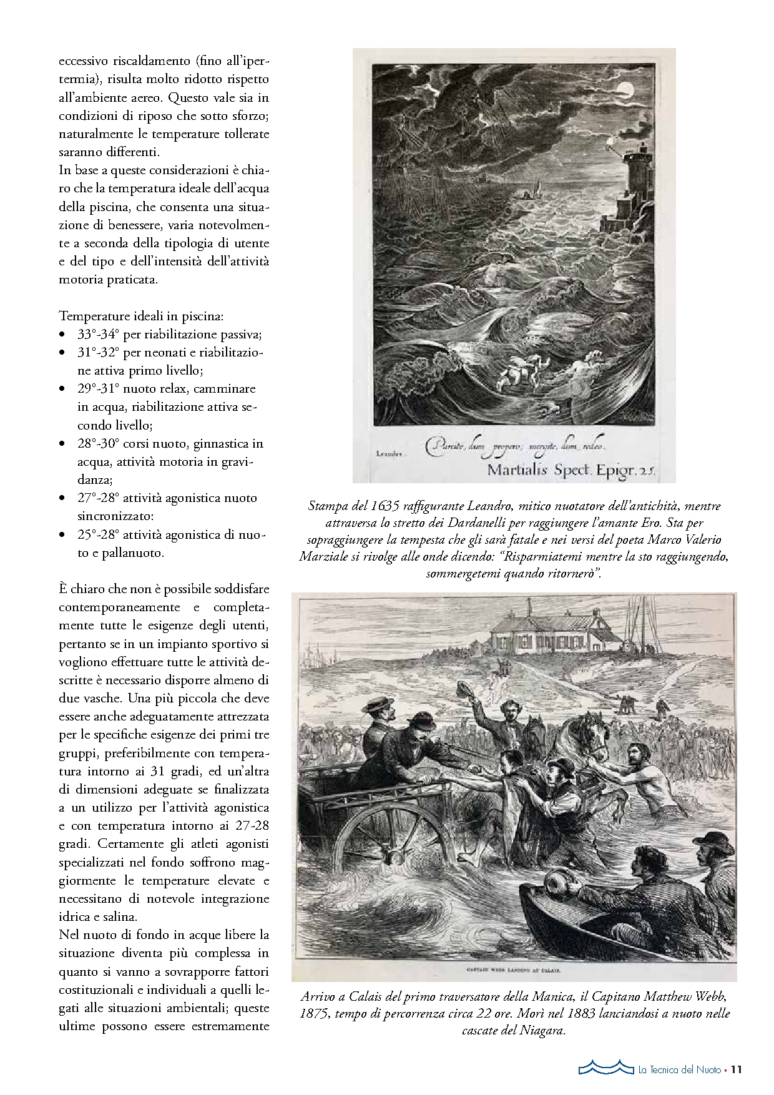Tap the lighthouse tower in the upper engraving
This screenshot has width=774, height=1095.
[x=632, y=181]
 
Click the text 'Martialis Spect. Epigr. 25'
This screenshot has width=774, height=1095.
[x=571, y=469]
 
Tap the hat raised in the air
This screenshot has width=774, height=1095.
[x=463, y=690]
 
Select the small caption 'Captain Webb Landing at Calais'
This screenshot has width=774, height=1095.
[x=514, y=971]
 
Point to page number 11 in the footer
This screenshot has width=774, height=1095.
[x=736, y=1069]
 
